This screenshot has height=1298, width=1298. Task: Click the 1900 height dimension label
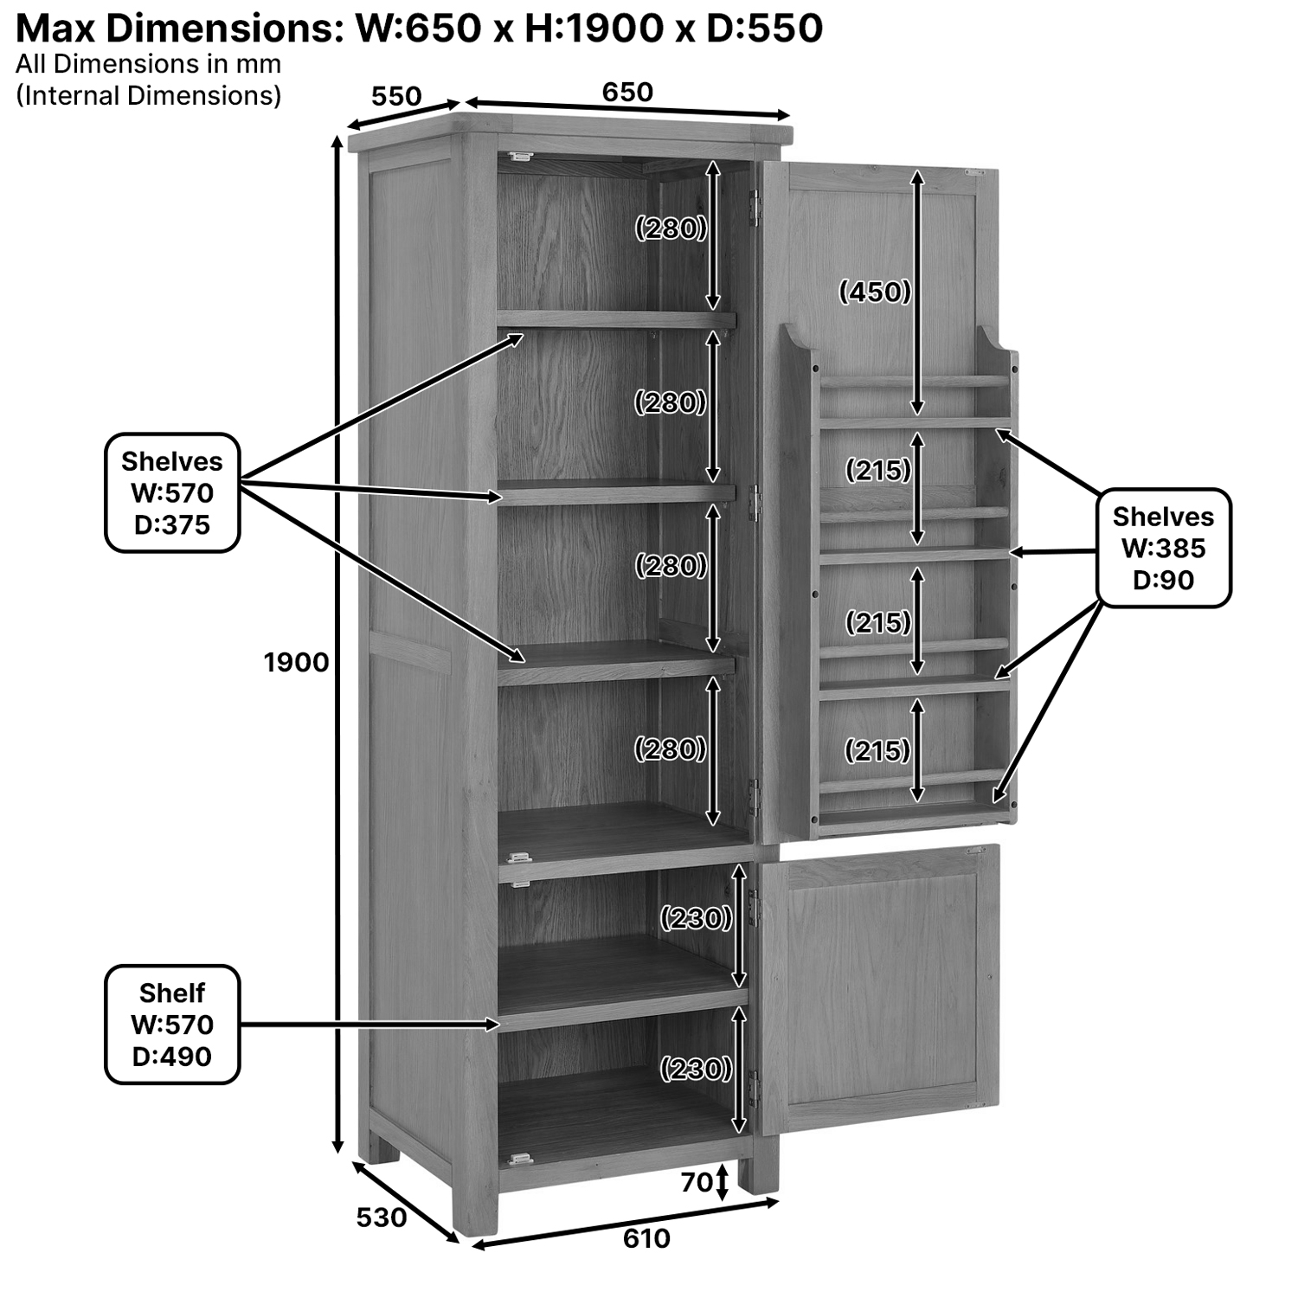[296, 663]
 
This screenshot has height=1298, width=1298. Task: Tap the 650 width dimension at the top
[627, 92]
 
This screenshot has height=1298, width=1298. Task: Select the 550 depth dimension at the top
[396, 96]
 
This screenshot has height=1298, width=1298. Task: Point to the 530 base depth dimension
[381, 1218]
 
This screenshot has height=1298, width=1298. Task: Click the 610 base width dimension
[646, 1238]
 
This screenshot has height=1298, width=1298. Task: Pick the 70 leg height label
[697, 1182]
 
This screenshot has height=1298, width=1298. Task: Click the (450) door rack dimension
[875, 292]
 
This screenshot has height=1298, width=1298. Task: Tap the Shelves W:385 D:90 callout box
[1163, 548]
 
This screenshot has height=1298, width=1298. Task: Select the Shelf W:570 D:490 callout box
[172, 1025]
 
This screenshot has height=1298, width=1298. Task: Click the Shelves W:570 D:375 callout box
[172, 493]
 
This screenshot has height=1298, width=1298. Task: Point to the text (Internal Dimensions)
[148, 95]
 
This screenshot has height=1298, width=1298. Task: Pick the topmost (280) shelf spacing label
[671, 228]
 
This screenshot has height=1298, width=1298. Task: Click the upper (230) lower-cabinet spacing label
[696, 917]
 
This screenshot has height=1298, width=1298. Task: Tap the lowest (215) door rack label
[877, 750]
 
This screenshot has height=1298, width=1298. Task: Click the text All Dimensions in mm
[148, 64]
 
